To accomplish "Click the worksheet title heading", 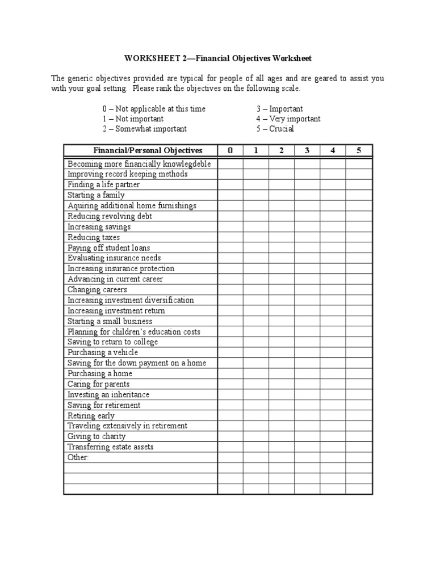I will (x=218, y=58).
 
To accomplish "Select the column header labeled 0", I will (x=230, y=150).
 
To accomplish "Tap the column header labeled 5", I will (x=359, y=150).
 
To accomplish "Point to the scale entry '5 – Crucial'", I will (x=275, y=129).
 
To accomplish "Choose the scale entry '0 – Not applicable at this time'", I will (x=154, y=108).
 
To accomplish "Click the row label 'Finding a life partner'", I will (x=103, y=185).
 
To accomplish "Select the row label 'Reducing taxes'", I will (x=94, y=237).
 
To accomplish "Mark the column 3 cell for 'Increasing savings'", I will (x=307, y=227).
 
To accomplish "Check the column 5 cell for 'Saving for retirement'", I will (x=359, y=405).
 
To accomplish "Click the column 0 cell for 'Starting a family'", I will (x=230, y=195).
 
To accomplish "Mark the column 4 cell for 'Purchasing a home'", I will (x=333, y=373).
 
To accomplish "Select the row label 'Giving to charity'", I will (x=97, y=436).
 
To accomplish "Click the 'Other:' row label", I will (x=78, y=457).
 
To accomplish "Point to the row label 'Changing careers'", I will (x=97, y=290).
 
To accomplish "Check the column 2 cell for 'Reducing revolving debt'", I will (x=282, y=216).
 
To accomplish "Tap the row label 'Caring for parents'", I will (x=98, y=384).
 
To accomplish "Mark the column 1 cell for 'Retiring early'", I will (x=256, y=415).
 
